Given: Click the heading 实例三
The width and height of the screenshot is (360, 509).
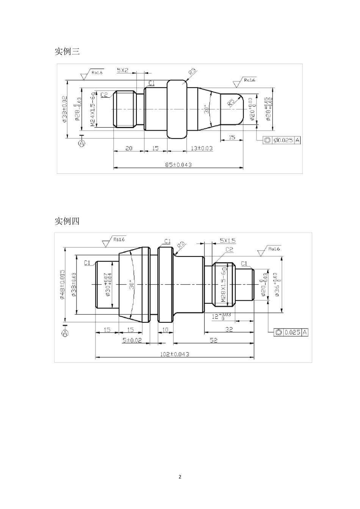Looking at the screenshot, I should click(67, 52).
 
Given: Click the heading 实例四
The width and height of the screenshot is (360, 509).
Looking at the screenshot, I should click(67, 221).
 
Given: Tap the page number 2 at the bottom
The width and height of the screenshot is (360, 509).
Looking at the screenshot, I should click(180, 476).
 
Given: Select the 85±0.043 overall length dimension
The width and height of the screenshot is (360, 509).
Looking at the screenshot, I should click(178, 164).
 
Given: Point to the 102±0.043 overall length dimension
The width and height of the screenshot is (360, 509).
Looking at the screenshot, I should click(174, 354).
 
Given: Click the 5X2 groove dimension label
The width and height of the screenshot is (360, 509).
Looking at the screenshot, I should click(122, 70).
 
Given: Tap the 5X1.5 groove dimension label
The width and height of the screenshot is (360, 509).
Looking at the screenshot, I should click(227, 240).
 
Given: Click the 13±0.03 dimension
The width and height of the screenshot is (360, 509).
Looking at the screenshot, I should click(201, 148).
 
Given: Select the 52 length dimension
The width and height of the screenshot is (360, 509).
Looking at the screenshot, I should click(213, 340).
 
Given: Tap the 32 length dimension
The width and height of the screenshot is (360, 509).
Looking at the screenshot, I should click(229, 329).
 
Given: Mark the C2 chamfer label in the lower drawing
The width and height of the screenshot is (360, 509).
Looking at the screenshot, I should click(229, 249).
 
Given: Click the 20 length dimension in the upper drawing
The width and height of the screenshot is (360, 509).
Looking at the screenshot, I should click(129, 148).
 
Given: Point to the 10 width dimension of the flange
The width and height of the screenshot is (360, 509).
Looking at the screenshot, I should click(165, 329).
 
